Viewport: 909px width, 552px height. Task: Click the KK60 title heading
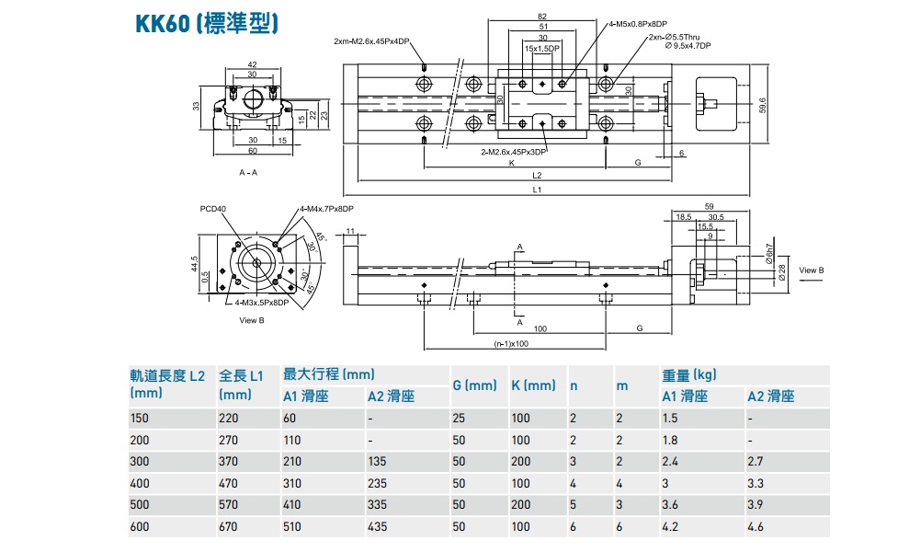tap(206, 23)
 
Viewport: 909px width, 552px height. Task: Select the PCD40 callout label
tap(213, 209)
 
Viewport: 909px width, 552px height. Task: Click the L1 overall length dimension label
tap(537, 190)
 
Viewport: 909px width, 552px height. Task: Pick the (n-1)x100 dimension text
tap(512, 344)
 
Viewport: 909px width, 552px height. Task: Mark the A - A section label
tap(248, 172)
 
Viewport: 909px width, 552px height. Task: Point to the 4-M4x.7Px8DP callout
tap(326, 209)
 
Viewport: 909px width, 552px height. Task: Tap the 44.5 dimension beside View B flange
tap(195, 263)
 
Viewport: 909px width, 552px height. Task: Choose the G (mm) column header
tap(474, 385)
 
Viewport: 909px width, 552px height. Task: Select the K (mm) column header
tap(533, 385)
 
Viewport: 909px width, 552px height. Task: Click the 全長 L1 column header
tap(241, 375)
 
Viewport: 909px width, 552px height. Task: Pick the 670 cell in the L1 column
tap(229, 526)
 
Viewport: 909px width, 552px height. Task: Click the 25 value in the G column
tap(459, 419)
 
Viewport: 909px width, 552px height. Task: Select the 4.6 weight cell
tap(756, 526)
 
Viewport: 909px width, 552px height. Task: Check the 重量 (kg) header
tap(689, 375)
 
